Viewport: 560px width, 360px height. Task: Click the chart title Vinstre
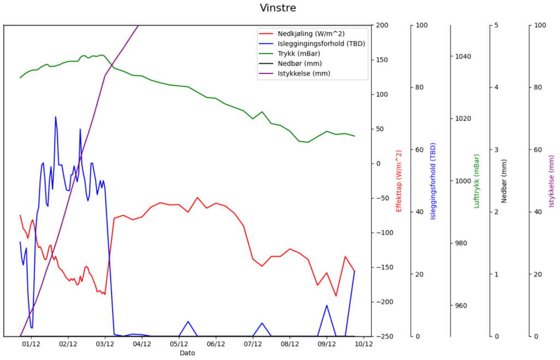click(x=278, y=8)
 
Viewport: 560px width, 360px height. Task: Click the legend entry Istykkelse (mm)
click(x=304, y=73)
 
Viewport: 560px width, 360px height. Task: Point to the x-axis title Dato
click(x=187, y=353)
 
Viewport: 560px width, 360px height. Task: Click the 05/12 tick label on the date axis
click(x=179, y=344)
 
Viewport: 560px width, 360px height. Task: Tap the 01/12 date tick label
click(x=31, y=344)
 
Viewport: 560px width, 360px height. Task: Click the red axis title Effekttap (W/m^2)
click(x=399, y=181)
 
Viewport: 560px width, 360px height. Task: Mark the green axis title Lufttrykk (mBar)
click(x=476, y=181)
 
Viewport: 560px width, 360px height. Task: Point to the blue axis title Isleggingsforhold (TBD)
click(x=433, y=181)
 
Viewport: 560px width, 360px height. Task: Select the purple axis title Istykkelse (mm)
click(x=552, y=181)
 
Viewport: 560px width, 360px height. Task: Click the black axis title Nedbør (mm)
click(x=504, y=181)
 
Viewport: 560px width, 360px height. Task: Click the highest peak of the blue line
click(x=55, y=117)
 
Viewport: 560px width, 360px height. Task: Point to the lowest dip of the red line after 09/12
click(x=336, y=296)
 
